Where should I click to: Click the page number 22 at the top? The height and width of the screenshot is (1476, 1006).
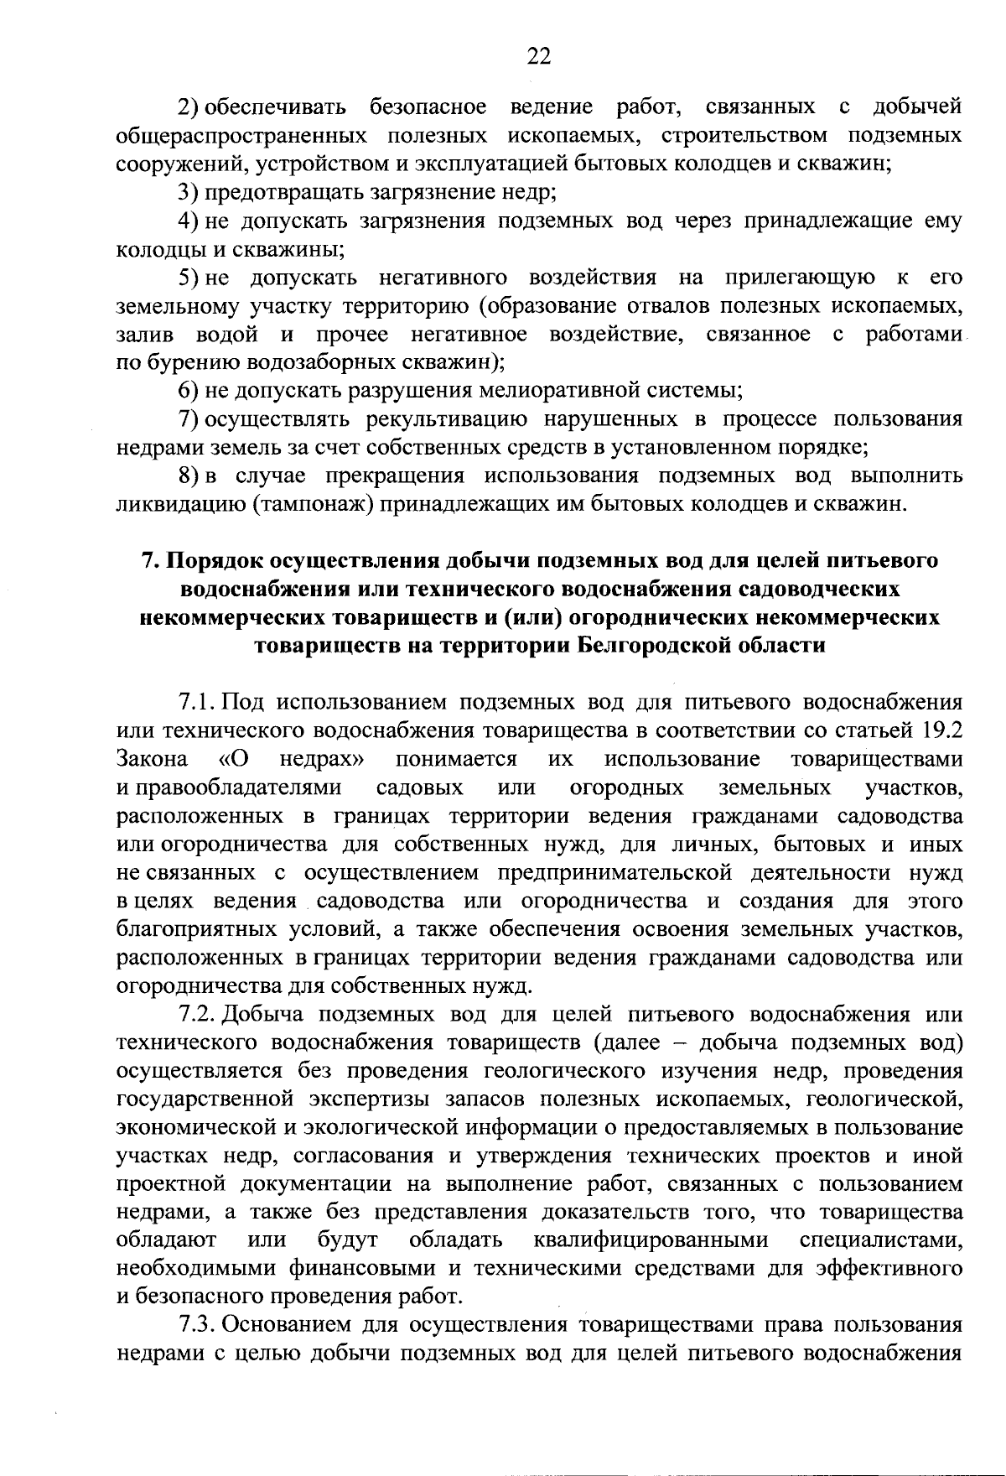click(538, 56)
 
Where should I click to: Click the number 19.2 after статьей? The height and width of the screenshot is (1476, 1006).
click(940, 730)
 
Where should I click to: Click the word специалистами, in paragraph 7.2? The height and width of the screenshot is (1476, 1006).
click(881, 1240)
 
